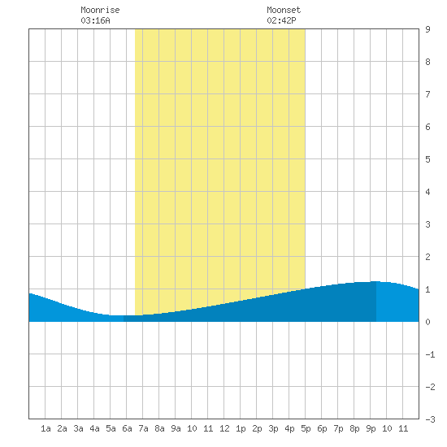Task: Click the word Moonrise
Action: coord(100,10)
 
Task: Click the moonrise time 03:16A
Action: coord(95,20)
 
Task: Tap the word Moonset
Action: coord(284,10)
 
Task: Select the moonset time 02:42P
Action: coord(281,20)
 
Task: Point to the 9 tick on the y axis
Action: coord(427,29)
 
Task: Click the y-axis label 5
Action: coord(427,159)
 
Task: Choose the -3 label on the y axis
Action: coord(430,419)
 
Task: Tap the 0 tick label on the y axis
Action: coord(427,322)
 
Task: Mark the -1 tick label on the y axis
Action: coord(430,354)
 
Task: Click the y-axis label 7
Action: coord(427,94)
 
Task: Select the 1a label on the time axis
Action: coord(46,428)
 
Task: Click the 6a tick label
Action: coord(127,428)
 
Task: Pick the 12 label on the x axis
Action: coord(224,428)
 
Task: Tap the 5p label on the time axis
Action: coord(306,428)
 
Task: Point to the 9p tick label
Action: coord(371,428)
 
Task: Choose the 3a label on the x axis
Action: coord(78,428)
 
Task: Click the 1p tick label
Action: coord(241,428)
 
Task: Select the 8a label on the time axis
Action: coord(159,428)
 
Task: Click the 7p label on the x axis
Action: coord(338,428)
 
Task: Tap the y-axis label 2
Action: coord(427,257)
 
